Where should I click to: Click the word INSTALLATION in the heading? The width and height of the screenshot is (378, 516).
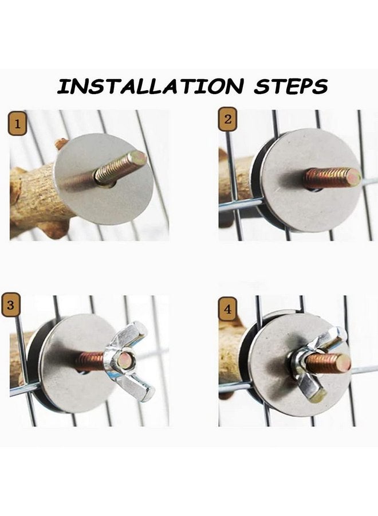[151, 86]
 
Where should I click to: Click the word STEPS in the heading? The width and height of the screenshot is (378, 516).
[290, 86]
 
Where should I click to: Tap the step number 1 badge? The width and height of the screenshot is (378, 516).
[17, 124]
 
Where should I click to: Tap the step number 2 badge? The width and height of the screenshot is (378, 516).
[228, 119]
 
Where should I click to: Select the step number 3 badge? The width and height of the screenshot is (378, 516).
[10, 306]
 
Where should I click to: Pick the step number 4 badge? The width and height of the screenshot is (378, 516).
[227, 310]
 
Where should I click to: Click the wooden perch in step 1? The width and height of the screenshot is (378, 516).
[37, 197]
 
